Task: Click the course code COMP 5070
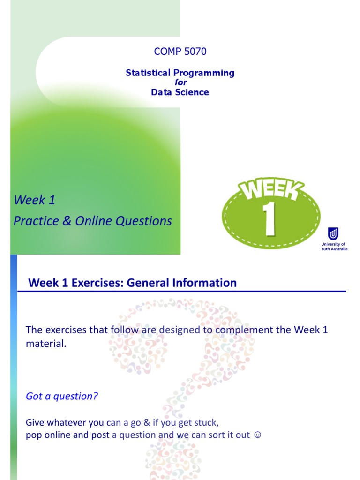tap(180, 52)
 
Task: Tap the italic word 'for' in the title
tap(180, 82)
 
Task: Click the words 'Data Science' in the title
tap(180, 92)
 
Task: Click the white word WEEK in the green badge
tap(270, 191)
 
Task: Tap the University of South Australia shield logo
tap(333, 234)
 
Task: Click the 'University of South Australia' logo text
tap(334, 247)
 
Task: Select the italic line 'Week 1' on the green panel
tap(35, 200)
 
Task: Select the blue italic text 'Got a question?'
tap(62, 396)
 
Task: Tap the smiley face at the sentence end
tap(256, 435)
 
